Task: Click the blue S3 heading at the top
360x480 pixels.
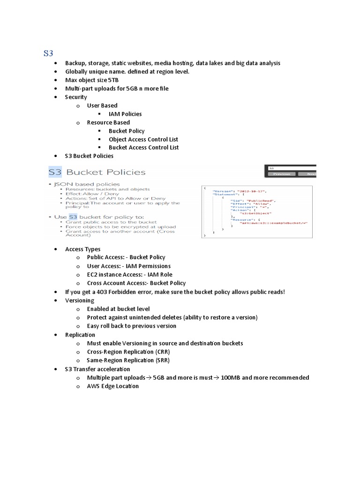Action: tap(48, 53)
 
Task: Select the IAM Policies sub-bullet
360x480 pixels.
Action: tap(125, 114)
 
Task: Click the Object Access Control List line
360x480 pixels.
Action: tap(143, 139)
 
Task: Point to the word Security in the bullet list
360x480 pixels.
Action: tap(76, 97)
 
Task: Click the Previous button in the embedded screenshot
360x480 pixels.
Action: tap(282, 173)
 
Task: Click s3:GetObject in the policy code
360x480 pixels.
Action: tap(252, 213)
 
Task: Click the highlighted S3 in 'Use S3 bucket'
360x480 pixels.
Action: tap(73, 217)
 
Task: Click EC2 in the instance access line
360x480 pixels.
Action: tap(92, 275)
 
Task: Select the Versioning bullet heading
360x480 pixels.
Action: tap(80, 300)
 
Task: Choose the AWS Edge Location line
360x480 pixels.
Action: tap(113, 386)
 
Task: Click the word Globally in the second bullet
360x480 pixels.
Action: tap(77, 72)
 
